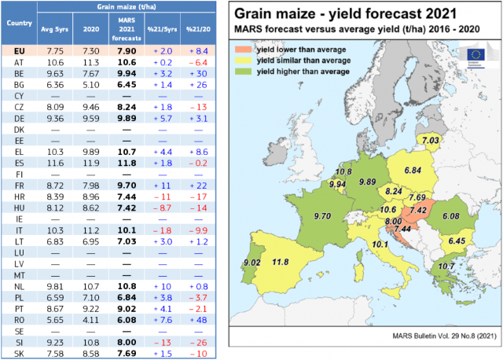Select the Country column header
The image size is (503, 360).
(19, 24)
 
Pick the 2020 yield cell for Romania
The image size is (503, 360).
(92, 310)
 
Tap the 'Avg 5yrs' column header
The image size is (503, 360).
(55, 30)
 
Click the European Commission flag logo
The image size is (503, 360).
(476, 53)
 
